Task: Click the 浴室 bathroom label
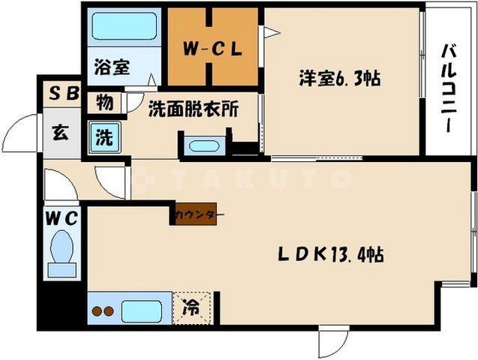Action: tap(111, 67)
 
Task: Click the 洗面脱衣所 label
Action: tap(193, 109)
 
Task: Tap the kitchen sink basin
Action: tap(143, 310)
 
